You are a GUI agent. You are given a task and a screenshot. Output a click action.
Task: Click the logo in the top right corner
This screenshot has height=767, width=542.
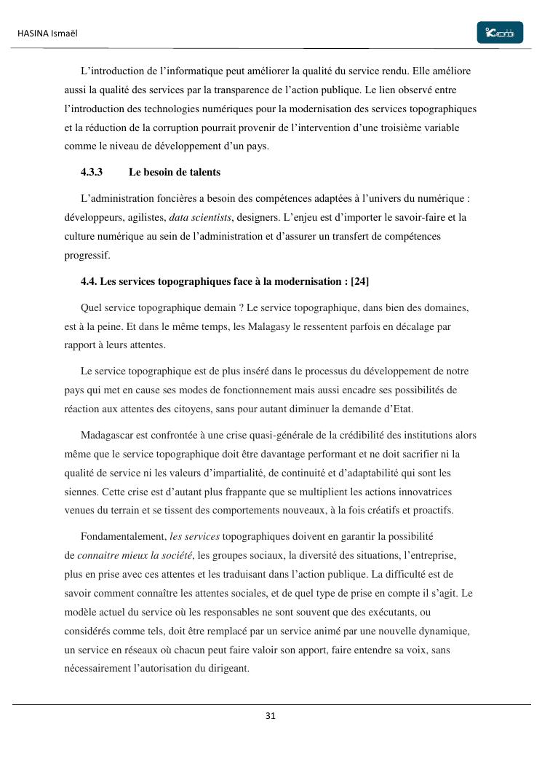[500, 33]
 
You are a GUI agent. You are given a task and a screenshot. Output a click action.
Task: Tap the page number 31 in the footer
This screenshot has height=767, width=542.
[271, 716]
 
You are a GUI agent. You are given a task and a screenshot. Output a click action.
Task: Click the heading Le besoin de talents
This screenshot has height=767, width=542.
[174, 173]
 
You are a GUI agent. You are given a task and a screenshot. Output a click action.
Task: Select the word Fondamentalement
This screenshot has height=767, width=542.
[123, 537]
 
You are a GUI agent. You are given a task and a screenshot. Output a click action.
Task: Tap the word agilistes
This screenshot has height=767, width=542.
[146, 217]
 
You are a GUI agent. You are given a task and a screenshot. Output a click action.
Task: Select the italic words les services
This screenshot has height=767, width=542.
[194, 537]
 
